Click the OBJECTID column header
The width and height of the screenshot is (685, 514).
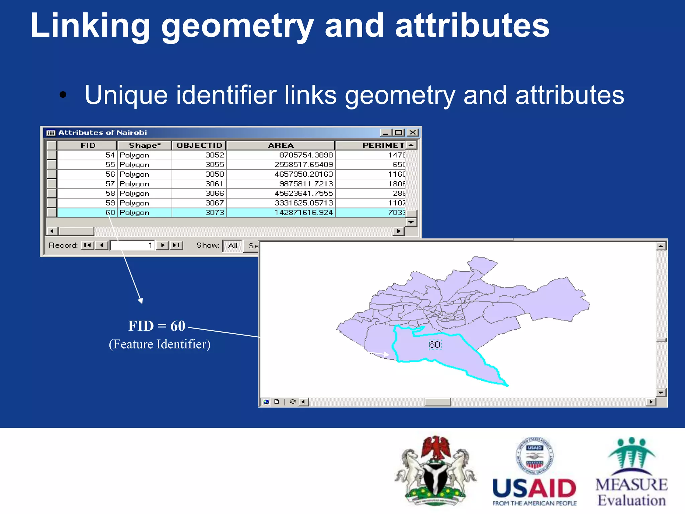[199, 145]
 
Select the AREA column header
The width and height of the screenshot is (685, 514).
[281, 145]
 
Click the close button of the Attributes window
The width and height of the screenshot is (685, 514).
[413, 133]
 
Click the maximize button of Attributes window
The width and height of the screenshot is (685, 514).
[398, 133]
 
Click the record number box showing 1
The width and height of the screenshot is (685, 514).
[132, 245]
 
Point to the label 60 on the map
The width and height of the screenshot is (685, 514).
[434, 345]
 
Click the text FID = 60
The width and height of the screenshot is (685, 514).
[157, 326]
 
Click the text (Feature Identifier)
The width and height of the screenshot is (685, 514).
[160, 344]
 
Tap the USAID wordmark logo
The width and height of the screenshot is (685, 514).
[534, 489]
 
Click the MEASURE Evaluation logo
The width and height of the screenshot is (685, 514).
[631, 472]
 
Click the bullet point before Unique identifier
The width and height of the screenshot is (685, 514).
[63, 95]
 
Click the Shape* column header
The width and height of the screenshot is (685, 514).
[144, 145]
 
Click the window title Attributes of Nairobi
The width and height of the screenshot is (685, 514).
[102, 133]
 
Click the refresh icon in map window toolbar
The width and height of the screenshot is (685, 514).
[293, 402]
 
